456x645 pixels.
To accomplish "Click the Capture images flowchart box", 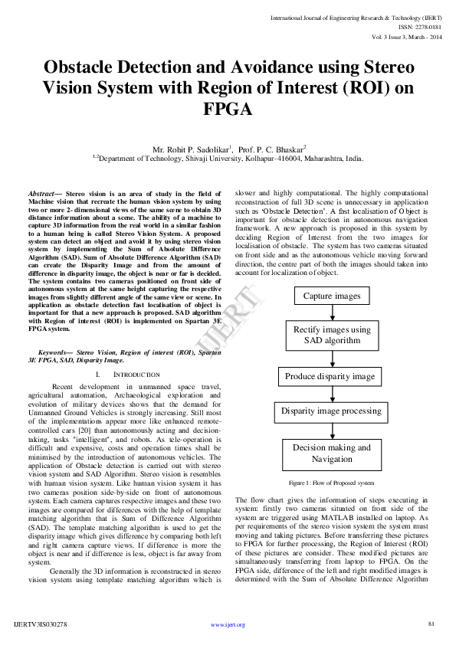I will coord(331,296).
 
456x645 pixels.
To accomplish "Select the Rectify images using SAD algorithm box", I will coord(332,335).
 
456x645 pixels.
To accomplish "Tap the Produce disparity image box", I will coord(330,376).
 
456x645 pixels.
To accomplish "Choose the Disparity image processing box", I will coord(331,411).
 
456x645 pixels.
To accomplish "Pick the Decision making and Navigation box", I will coord(331,453).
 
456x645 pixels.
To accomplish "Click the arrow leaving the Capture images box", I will coord(332,314).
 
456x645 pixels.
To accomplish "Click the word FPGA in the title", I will coord(228,110).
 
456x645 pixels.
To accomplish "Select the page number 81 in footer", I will coord(431,624).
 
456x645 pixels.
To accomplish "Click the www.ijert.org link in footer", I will coord(228,625).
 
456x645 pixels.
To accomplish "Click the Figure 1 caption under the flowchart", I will coord(331,483).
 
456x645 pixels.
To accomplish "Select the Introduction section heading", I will coord(136,375).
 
